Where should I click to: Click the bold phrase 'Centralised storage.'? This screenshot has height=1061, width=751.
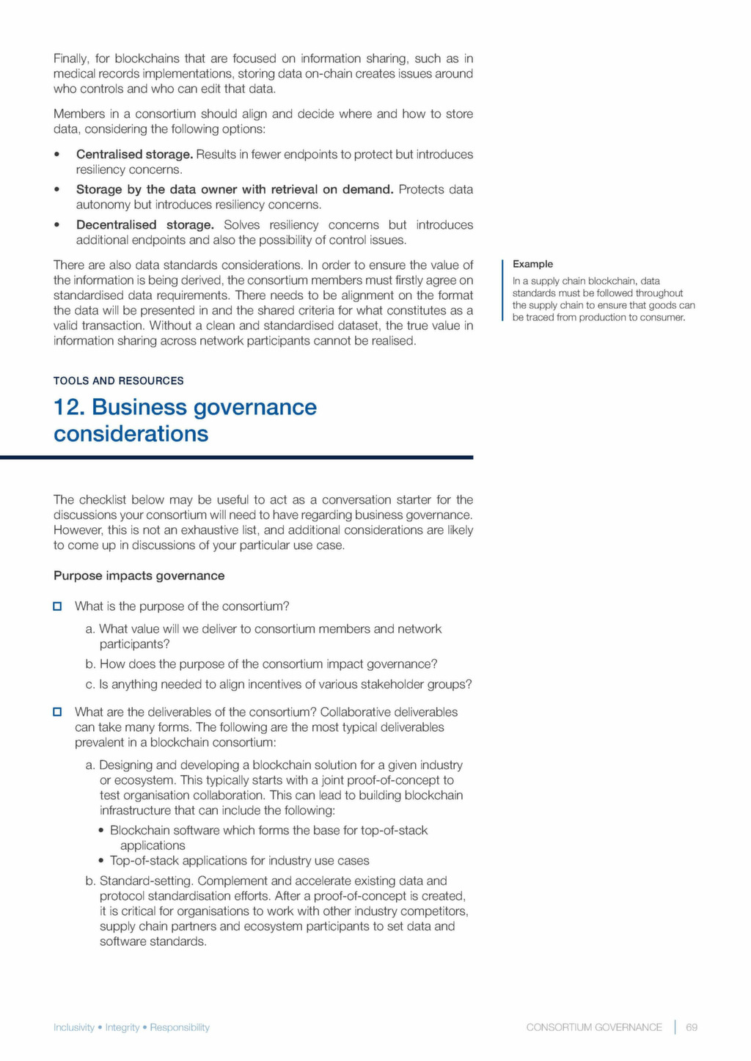pyautogui.click(x=134, y=155)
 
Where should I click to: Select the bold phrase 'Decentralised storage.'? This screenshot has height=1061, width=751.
pyautogui.click(x=144, y=225)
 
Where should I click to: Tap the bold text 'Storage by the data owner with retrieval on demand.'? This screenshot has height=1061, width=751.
pyautogui.click(x=235, y=190)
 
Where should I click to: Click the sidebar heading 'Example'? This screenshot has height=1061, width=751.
pyautogui.click(x=532, y=264)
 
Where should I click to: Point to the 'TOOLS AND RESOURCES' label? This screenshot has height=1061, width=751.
pyautogui.click(x=118, y=381)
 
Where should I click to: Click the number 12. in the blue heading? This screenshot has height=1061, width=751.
pyautogui.click(x=69, y=408)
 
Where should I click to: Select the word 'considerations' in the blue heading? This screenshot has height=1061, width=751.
pyautogui.click(x=131, y=434)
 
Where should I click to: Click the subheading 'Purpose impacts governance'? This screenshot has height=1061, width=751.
pyautogui.click(x=139, y=576)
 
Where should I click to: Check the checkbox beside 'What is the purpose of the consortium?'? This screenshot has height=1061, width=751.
pyautogui.click(x=57, y=606)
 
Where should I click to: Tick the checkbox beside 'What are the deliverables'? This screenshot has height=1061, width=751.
pyautogui.click(x=57, y=712)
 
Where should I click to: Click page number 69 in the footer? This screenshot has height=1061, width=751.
pyautogui.click(x=692, y=1027)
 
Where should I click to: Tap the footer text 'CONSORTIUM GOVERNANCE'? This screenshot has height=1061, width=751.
pyautogui.click(x=594, y=1027)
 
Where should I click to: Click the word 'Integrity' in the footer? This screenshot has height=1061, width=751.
pyautogui.click(x=122, y=1027)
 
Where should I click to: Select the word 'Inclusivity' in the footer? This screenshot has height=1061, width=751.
pyautogui.click(x=74, y=1027)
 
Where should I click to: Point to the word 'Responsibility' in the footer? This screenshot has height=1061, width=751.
pyautogui.click(x=180, y=1027)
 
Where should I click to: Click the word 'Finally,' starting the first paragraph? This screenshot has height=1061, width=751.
pyautogui.click(x=71, y=59)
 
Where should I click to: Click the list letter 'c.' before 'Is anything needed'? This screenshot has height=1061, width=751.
pyautogui.click(x=91, y=685)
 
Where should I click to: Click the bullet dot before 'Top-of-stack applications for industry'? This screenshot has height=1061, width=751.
pyautogui.click(x=101, y=861)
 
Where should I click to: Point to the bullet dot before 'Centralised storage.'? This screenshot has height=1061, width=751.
pyautogui.click(x=57, y=155)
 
